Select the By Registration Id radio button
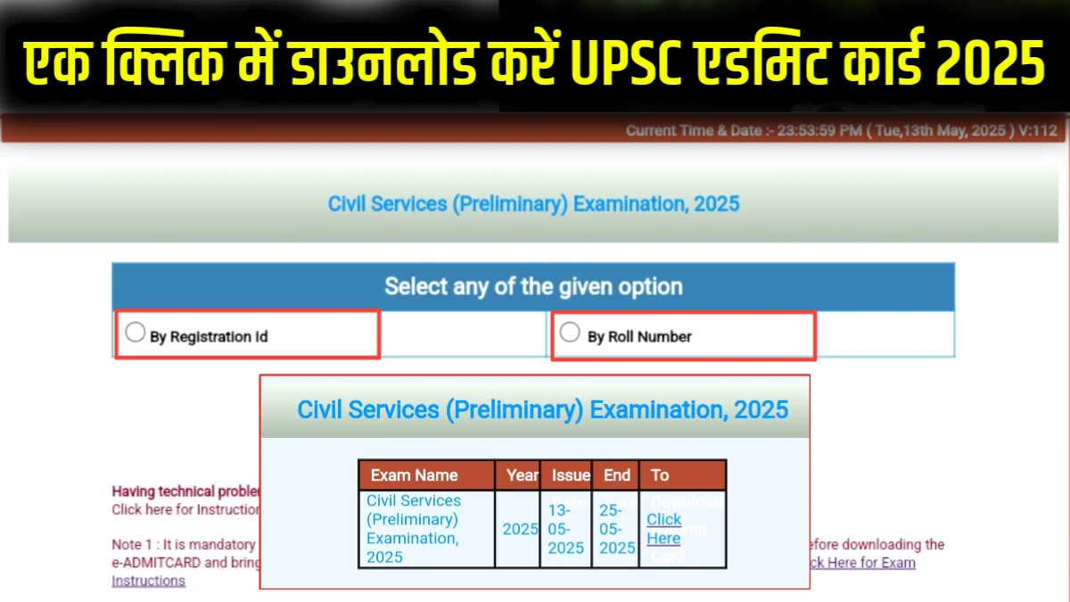click(135, 333)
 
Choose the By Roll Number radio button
click(570, 333)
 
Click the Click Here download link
click(663, 529)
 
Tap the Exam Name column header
click(414, 475)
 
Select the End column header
click(616, 475)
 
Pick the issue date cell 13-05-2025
click(565, 529)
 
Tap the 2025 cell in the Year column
click(520, 529)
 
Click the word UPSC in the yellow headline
click(621, 63)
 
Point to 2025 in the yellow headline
click(988, 63)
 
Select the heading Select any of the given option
click(533, 286)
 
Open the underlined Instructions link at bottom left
click(148, 581)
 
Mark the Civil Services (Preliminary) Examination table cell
click(414, 529)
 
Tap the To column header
click(660, 475)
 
